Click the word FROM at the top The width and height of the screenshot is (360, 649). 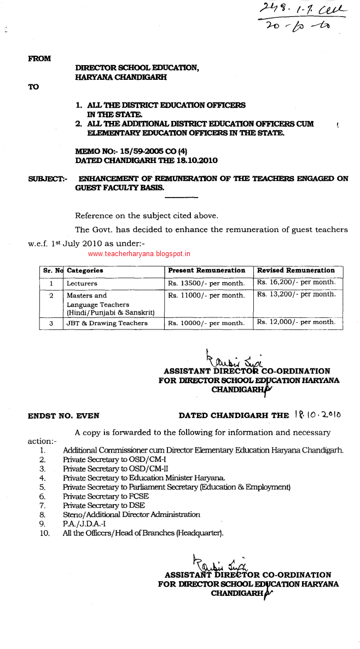coord(39,59)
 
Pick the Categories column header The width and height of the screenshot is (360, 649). coord(85,270)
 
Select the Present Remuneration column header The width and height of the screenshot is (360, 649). coord(206,270)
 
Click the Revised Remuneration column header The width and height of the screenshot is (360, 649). coord(295,270)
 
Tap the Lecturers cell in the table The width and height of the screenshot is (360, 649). coord(82,283)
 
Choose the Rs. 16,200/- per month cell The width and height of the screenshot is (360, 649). coord(296,282)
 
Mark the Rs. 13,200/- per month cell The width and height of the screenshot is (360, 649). coord(296,294)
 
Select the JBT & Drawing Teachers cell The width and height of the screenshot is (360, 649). coord(107,323)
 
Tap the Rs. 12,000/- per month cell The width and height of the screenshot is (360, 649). coord(296,322)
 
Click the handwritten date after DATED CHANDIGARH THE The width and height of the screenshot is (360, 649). coord(317,415)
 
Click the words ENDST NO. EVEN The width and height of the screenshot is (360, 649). coord(63,416)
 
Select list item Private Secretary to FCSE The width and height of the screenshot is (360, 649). coord(106,496)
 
